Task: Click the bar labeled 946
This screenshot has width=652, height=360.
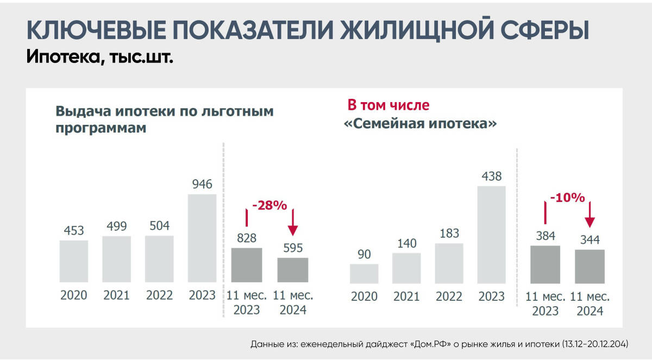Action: [x=202, y=238]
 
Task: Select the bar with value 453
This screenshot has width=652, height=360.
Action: [x=74, y=261]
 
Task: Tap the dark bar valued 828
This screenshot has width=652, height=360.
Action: [x=246, y=265]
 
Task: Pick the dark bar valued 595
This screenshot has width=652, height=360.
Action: [x=292, y=270]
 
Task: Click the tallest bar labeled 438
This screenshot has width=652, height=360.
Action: [x=491, y=235]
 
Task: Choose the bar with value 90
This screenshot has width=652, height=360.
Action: [x=364, y=274]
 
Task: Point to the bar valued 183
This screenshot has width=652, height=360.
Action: [x=449, y=263]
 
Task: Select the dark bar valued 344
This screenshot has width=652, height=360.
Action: [x=590, y=266]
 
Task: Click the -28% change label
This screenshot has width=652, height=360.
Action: [x=269, y=205]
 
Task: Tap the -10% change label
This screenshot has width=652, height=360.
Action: [x=567, y=198]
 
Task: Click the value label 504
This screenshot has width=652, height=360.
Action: [x=159, y=225]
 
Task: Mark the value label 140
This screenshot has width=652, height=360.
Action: [x=406, y=243]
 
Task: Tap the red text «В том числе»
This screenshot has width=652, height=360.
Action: [x=388, y=105]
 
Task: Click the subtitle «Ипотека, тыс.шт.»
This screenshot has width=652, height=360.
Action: [x=99, y=56]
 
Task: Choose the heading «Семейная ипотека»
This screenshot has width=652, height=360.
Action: [x=421, y=124]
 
